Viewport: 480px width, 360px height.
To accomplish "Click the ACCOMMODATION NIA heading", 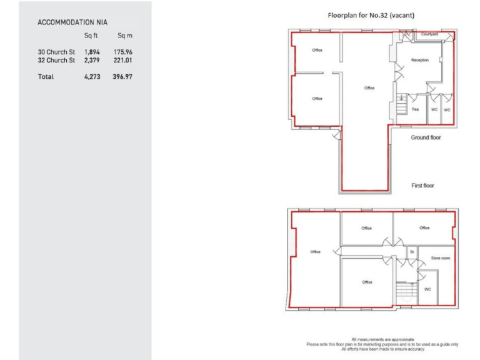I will [72, 22].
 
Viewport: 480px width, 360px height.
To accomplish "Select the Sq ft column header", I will [91, 36].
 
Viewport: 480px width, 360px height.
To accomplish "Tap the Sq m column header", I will [125, 36].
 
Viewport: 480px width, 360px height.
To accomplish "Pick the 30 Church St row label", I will [56, 52].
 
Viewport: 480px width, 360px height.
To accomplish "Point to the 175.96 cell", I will [122, 52].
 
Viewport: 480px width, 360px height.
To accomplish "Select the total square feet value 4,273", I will [92, 76].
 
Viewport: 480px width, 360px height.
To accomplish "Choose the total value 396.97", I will [122, 76].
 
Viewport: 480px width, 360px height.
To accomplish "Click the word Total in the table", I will [46, 76].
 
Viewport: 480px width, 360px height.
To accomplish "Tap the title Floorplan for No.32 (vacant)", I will [371, 15].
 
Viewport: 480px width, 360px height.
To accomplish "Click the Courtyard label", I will [429, 34].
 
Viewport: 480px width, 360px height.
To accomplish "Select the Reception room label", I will [420, 60].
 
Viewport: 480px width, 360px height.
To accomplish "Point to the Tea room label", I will [415, 109].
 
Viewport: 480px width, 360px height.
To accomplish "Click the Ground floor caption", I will [425, 137].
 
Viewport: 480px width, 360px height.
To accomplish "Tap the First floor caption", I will [422, 186].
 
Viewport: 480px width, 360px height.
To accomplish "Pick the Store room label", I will [440, 257].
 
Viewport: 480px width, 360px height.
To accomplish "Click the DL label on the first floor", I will [412, 252].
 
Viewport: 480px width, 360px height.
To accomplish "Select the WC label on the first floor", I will [427, 289].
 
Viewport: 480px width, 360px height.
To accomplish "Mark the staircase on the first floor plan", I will [407, 291].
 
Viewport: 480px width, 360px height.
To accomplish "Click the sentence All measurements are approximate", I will [382, 339].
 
